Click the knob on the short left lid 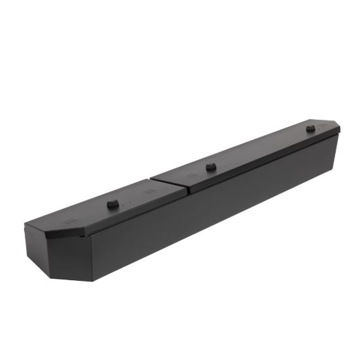point(113,204)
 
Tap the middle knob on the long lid point(211,167)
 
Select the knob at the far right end point(310,128)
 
